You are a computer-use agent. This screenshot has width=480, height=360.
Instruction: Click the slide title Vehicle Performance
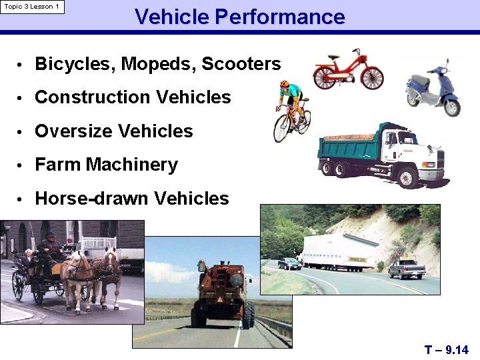(240, 16)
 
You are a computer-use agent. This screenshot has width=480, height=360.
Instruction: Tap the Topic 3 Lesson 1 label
(32, 7)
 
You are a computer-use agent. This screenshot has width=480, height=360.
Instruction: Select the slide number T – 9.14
(446, 349)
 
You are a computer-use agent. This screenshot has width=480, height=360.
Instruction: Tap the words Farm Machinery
(106, 165)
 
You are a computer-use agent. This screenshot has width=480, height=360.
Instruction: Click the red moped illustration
(347, 69)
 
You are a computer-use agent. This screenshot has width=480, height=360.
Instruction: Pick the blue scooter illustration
(434, 91)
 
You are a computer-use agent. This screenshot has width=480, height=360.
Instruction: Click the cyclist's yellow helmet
(285, 84)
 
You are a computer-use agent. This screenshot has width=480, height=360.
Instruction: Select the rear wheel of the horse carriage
(18, 285)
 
